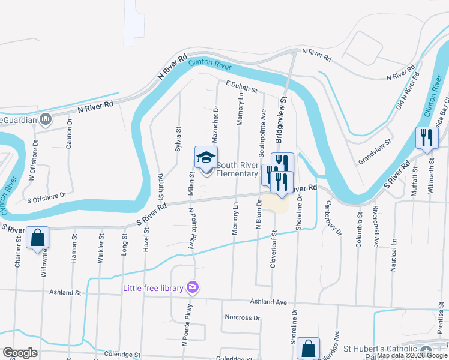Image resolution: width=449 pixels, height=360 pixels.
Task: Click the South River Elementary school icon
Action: point(206,158)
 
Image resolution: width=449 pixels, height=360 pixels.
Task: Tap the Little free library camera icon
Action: point(192,287)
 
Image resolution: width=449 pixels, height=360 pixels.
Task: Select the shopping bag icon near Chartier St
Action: point(37,237)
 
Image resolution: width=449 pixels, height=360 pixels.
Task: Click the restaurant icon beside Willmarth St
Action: point(426,138)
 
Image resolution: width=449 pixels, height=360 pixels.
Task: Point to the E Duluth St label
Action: point(242,88)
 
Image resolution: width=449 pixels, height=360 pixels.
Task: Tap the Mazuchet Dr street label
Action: point(215,123)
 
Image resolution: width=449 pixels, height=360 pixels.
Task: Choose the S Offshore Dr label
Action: point(46,196)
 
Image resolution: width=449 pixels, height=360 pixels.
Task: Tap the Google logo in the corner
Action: point(20,353)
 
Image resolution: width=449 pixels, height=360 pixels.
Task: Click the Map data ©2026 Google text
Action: point(412,356)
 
